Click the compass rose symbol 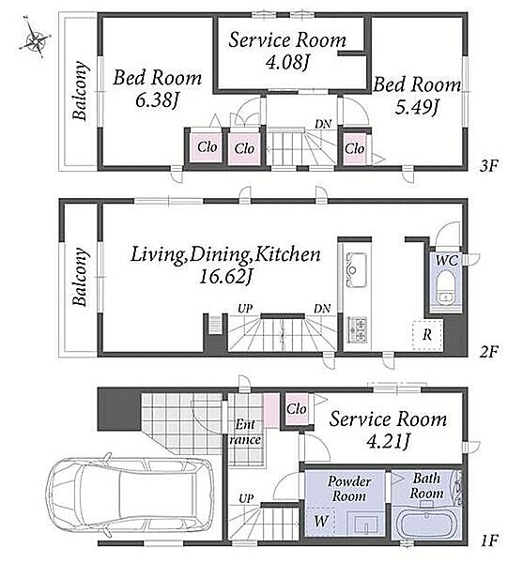[35, 37]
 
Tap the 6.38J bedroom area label [157, 100]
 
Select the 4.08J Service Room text [287, 51]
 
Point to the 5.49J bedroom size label [417, 107]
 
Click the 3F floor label [489, 166]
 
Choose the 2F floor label [489, 352]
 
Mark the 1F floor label [489, 540]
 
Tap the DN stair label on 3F [323, 124]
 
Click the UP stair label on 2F [245, 309]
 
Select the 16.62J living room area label [224, 277]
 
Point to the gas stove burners [357, 329]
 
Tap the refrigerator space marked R [427, 335]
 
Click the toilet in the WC [446, 287]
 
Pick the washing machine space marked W [321, 522]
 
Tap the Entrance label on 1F [245, 432]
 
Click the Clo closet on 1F [297, 408]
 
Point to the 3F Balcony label [80, 91]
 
